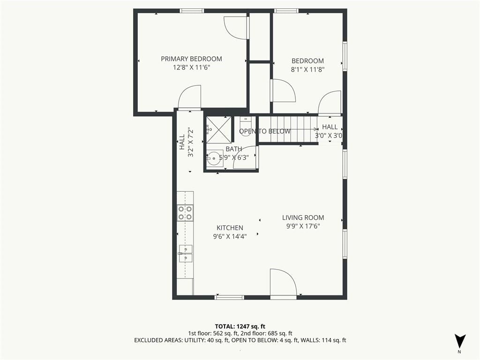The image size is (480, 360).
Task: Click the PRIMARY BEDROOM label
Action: click(191, 59)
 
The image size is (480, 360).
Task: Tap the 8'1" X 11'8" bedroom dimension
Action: click(307, 69)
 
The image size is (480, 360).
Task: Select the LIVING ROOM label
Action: click(303, 217)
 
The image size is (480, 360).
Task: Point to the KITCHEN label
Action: click(230, 228)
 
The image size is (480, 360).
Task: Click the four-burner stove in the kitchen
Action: click(185, 213)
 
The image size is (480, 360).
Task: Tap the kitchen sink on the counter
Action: click(186, 254)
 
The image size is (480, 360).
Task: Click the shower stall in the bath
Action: click(218, 130)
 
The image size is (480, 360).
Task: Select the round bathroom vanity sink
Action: click(214, 158)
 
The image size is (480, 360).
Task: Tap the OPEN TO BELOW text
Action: click(265, 131)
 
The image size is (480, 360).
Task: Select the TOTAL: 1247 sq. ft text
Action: click(240, 326)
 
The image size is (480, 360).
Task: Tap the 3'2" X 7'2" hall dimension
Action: click(191, 142)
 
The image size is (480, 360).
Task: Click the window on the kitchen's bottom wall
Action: click(229, 297)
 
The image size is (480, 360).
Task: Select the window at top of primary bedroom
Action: click(192, 11)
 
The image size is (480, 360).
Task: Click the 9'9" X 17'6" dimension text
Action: click(303, 226)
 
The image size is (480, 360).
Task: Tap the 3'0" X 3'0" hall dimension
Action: click(329, 135)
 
